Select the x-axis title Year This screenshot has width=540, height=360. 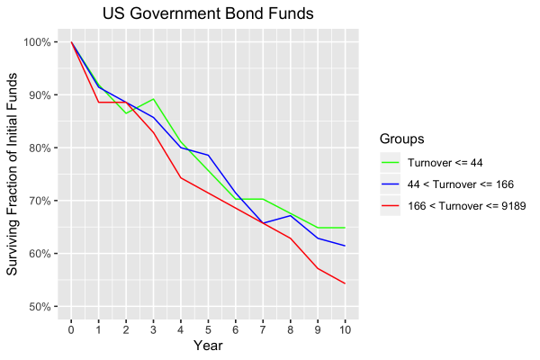tap(209, 345)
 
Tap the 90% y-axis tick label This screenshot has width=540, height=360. tap(40, 95)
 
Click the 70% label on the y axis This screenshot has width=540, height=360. tap(40, 201)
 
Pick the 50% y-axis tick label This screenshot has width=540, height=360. tap(40, 307)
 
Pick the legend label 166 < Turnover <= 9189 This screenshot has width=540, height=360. tap(466, 206)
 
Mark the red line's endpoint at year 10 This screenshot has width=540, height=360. tap(345, 283)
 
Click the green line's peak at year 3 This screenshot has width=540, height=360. tap(154, 99)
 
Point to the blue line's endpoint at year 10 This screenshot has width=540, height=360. tap(345, 246)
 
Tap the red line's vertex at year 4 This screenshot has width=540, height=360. tap(181, 177)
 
